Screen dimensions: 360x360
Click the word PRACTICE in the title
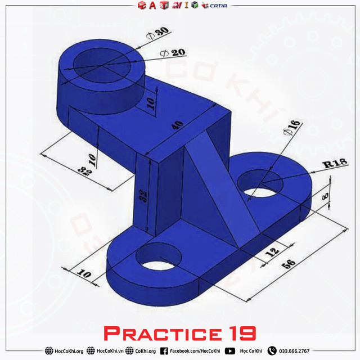click(160, 334)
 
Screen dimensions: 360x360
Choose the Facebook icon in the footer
click(164, 351)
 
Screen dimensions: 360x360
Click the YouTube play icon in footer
click(229, 351)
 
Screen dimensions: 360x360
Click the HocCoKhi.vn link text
click(110, 351)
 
